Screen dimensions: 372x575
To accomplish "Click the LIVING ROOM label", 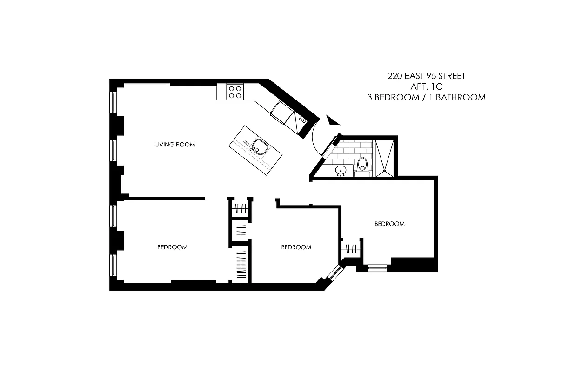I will tap(175, 145).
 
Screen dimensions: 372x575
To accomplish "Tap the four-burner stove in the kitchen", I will tap(235, 92).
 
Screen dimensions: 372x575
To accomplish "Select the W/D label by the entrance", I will tap(301, 120).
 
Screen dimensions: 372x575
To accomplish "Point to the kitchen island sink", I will tap(258, 147).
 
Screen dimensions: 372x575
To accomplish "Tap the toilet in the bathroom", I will tap(362, 166).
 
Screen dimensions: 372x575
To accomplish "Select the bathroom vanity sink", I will tap(342, 170).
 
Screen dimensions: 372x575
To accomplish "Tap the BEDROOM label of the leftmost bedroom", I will tap(172, 247).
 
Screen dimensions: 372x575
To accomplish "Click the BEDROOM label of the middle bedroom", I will tap(296, 247).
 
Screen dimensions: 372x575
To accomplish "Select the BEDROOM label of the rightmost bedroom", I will tap(389, 224).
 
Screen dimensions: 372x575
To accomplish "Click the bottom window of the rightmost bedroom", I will tap(377, 267).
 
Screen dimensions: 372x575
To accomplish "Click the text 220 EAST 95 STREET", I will tap(426, 76).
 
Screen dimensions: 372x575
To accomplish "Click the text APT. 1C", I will tap(426, 86).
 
